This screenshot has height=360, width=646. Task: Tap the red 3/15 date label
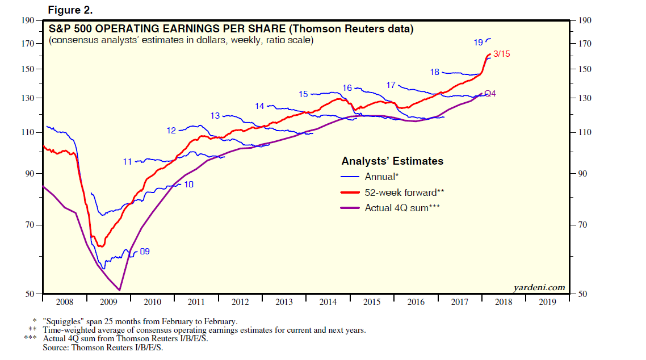(x=502, y=54)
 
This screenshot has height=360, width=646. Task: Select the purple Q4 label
(x=490, y=93)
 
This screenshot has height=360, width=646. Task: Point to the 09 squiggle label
(x=145, y=251)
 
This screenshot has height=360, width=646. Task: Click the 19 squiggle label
(x=478, y=42)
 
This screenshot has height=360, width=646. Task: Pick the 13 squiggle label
(x=215, y=116)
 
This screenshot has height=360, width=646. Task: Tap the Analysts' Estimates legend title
(x=392, y=161)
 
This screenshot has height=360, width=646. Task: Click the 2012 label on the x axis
(x=240, y=302)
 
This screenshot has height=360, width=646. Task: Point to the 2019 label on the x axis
(x=548, y=302)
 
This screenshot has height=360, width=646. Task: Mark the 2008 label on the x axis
(x=64, y=302)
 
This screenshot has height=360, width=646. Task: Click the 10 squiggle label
(x=189, y=184)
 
